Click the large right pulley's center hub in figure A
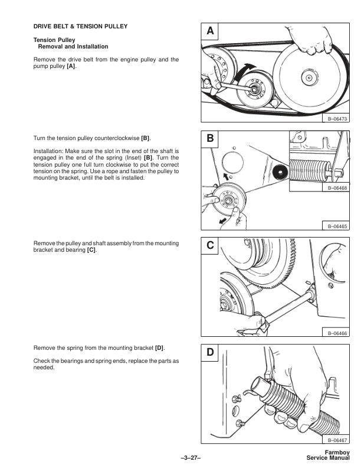[x=308, y=75]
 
